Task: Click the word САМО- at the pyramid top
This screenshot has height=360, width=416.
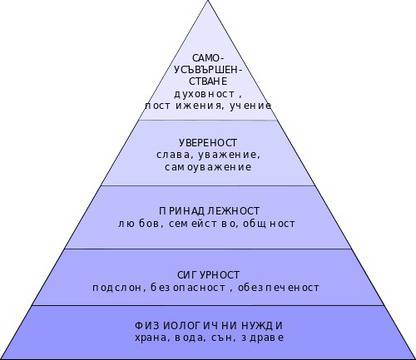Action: tap(208, 59)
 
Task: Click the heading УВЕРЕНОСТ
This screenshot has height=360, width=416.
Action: tap(208, 143)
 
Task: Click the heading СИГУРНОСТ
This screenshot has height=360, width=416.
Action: tap(208, 273)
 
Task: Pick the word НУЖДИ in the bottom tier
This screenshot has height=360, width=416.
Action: tap(262, 325)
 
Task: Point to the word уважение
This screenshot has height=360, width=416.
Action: tap(231, 155)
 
